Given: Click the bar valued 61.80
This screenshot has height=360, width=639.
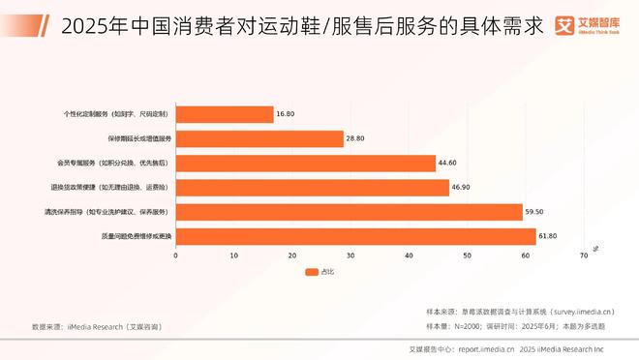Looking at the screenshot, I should click(x=355, y=235).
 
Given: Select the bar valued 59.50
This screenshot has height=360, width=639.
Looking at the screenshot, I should click(x=349, y=211).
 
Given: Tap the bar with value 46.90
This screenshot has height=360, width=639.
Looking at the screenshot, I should click(x=312, y=187).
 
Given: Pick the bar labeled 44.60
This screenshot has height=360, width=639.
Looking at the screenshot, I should click(x=305, y=163).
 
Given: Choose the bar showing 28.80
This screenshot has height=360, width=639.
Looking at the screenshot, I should click(x=259, y=138).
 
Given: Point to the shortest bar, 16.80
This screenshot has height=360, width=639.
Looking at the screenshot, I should click(x=225, y=114).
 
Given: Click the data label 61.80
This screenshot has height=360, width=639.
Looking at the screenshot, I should click(x=549, y=235).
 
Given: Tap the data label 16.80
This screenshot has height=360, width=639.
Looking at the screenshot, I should click(x=286, y=114).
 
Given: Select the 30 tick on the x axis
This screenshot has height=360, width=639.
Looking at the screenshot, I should click(x=350, y=255).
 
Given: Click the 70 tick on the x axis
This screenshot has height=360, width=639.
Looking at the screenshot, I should click(x=584, y=255).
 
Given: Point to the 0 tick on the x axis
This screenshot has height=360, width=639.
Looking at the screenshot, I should click(x=175, y=255).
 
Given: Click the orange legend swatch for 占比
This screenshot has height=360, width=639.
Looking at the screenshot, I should click(x=312, y=272).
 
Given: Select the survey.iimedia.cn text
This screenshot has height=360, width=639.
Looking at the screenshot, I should click(x=575, y=312).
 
